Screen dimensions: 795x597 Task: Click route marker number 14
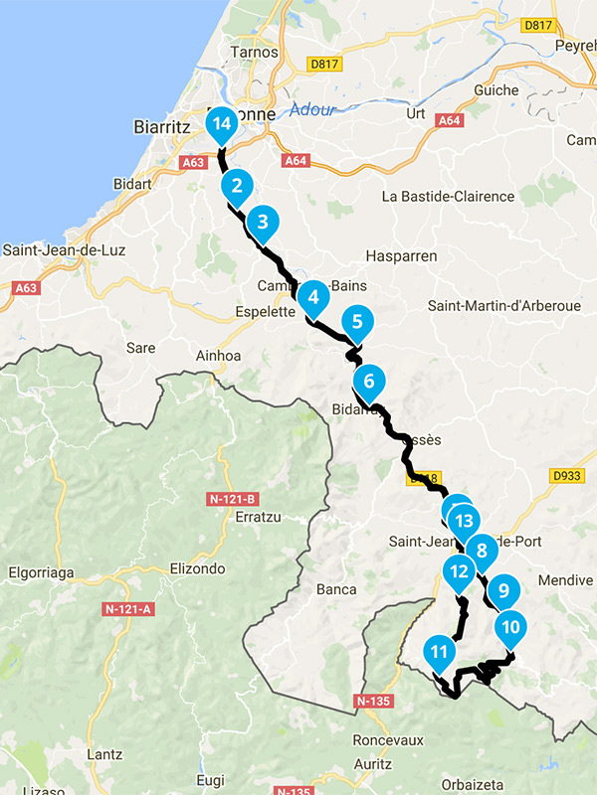[x=221, y=123]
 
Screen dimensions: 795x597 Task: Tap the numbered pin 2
[x=236, y=185]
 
